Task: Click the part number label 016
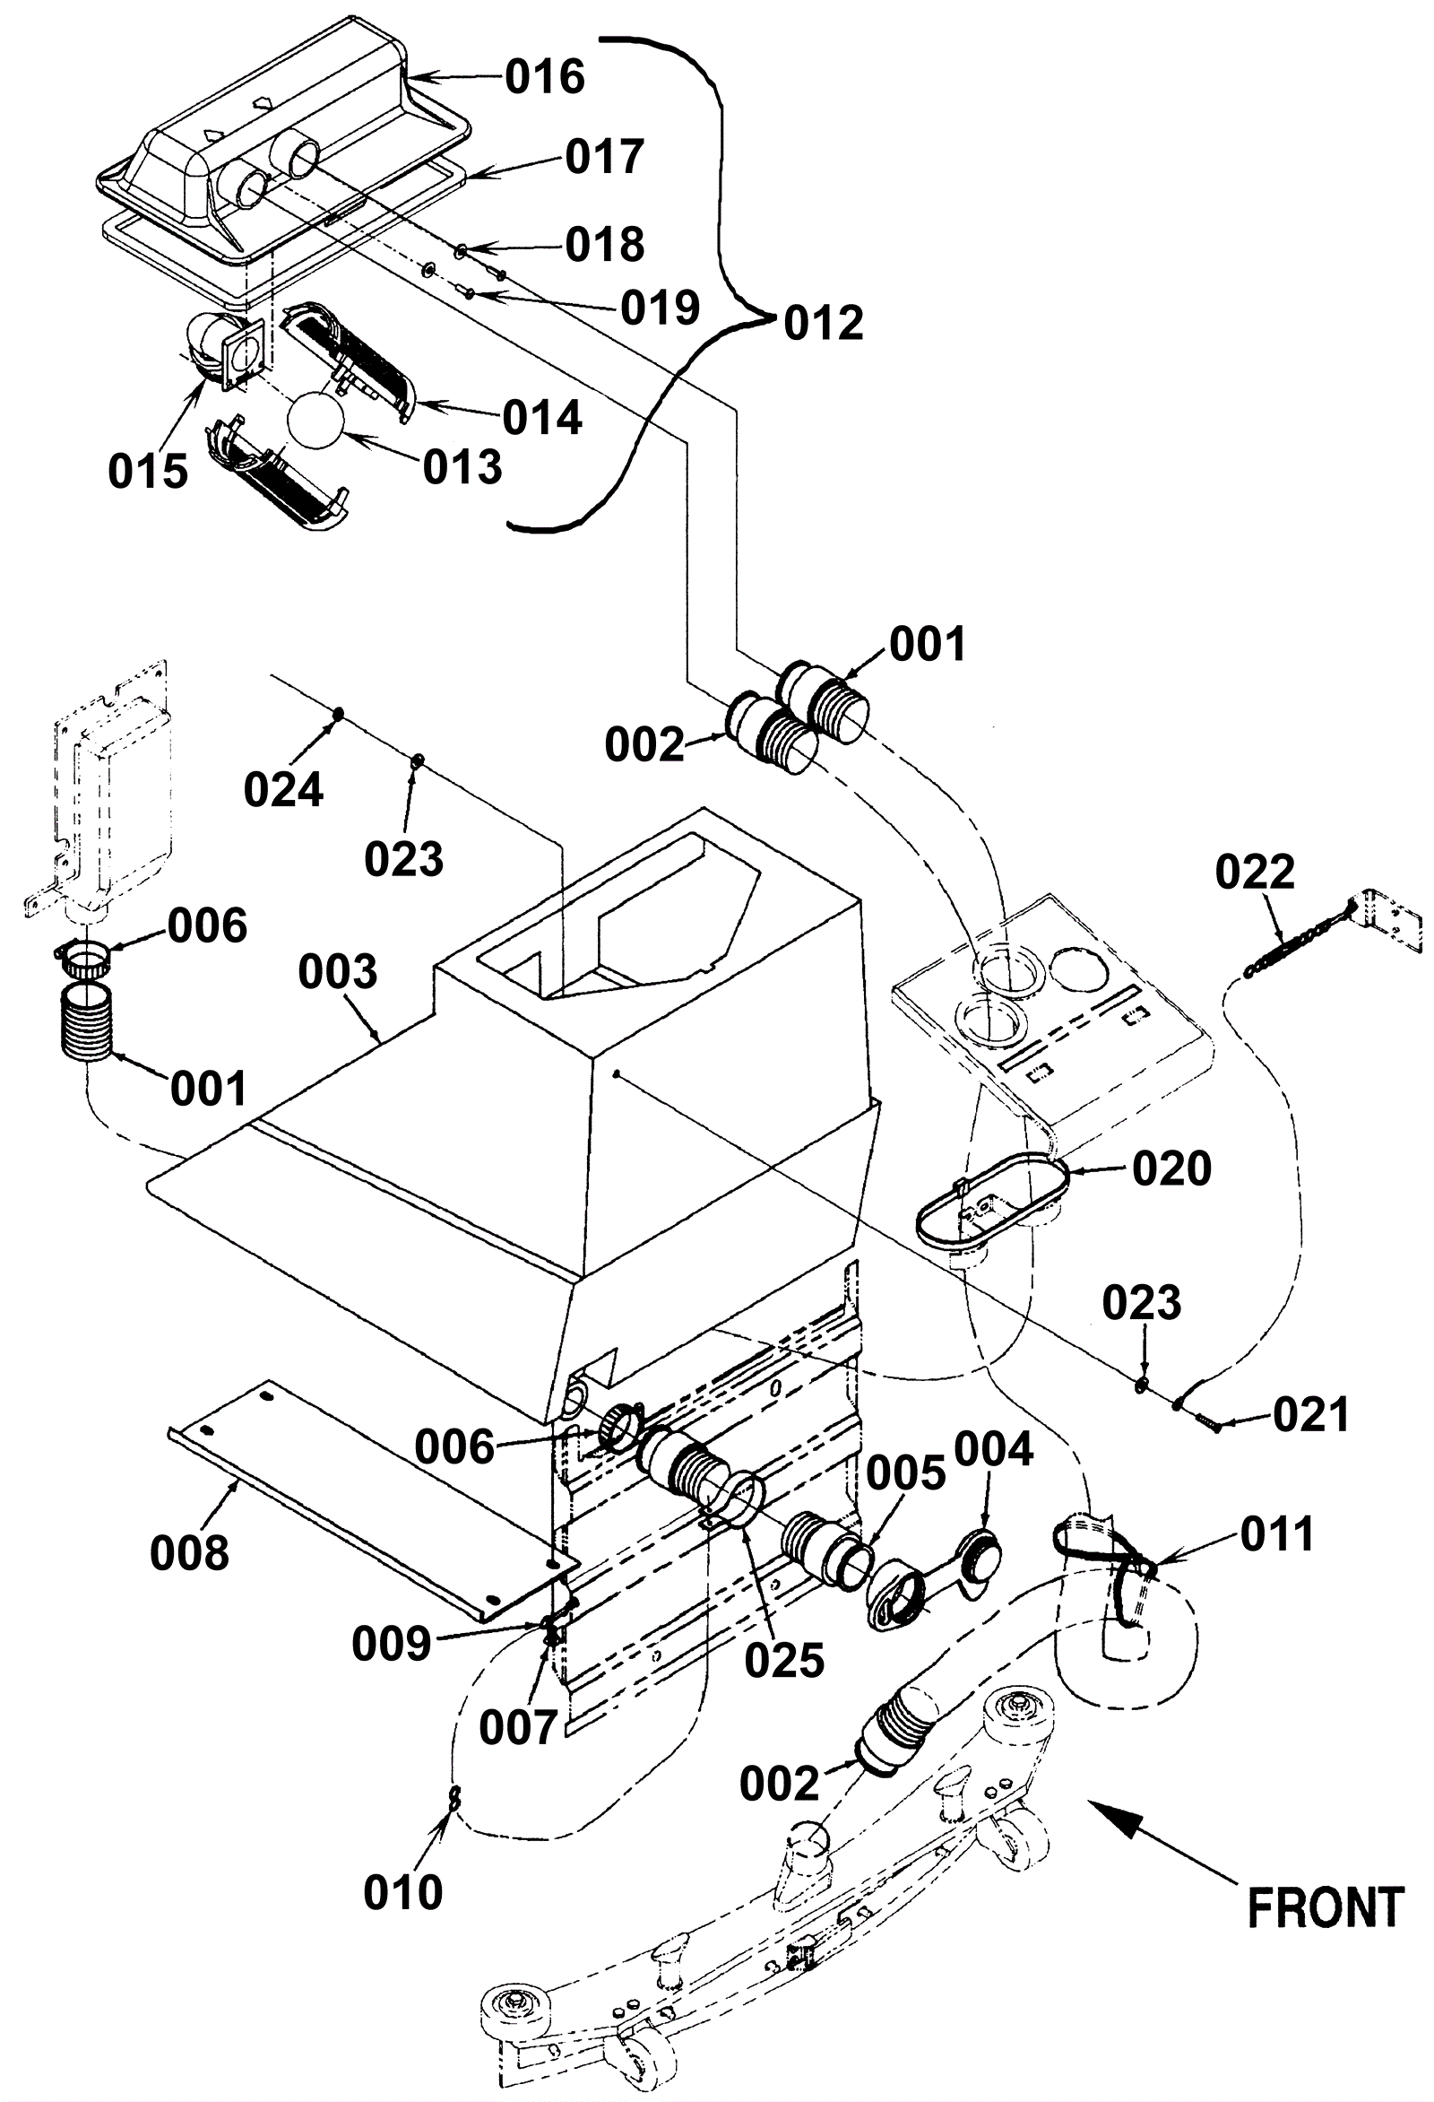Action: pos(544,78)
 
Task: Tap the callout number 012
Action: pos(824,323)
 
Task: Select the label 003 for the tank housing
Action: pos(338,972)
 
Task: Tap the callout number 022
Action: pos(1255,873)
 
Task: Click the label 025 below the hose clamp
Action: pos(785,1660)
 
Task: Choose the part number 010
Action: pos(403,1892)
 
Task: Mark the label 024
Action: pos(283,790)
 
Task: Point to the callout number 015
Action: pos(148,471)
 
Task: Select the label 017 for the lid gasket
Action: pos(605,157)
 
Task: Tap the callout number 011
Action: pos(1276,1534)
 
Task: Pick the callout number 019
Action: pos(660,308)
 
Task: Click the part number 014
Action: pos(541,418)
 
